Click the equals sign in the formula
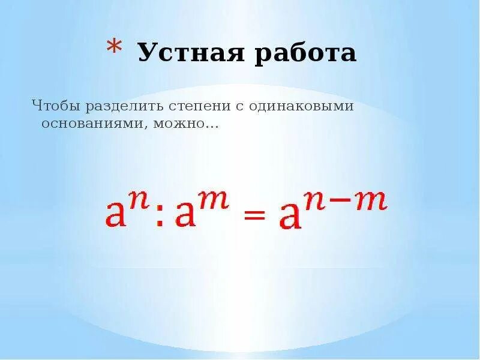coord(254,216)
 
